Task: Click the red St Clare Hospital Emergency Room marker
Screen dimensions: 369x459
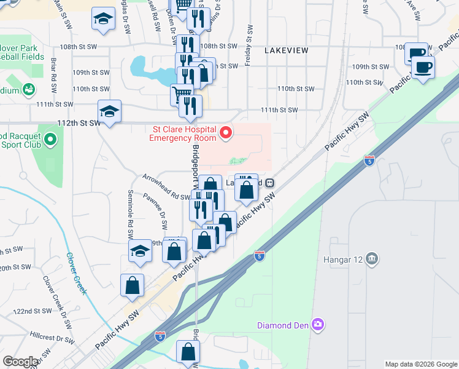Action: pyautogui.click(x=226, y=133)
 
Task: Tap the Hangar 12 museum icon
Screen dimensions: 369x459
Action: pyautogui.click(x=371, y=258)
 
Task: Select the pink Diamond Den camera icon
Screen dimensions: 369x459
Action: pyautogui.click(x=317, y=324)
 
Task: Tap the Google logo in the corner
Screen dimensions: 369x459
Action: pyautogui.click(x=20, y=362)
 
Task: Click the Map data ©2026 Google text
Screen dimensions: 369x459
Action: pyautogui.click(x=420, y=365)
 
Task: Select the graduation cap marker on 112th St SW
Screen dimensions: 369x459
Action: pyautogui.click(x=109, y=111)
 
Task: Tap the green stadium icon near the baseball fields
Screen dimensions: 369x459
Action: pyautogui.click(x=28, y=90)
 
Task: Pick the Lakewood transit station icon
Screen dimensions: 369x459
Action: pyautogui.click(x=269, y=183)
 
